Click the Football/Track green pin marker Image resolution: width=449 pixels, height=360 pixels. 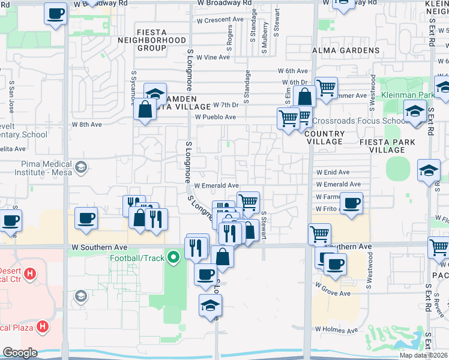tap(174, 259)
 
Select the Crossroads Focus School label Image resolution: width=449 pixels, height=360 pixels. tap(359, 121)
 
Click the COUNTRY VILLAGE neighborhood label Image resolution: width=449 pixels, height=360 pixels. tap(325, 137)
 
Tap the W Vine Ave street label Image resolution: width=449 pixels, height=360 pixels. tap(213, 58)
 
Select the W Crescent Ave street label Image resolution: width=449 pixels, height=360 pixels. tap(220, 19)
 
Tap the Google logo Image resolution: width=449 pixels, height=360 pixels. tap(19, 353)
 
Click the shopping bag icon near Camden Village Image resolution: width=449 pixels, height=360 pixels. tap(146, 110)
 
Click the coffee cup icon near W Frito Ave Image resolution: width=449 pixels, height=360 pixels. tap(351, 203)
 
